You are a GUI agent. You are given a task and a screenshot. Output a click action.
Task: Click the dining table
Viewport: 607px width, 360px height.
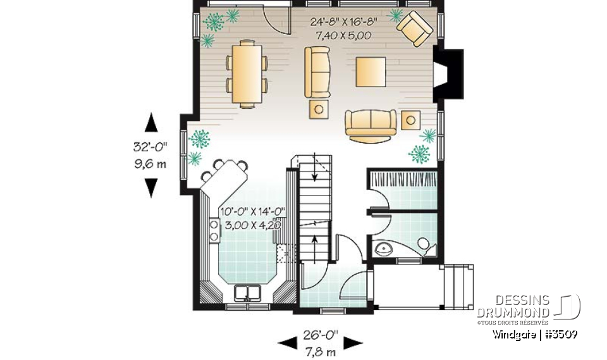pos(246,72)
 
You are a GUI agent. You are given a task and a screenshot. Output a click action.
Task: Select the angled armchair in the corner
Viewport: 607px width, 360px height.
pos(414,28)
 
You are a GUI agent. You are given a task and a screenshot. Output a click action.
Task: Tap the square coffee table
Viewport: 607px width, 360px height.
pos(371,71)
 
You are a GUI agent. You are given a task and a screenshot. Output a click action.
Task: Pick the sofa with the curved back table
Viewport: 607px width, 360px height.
pos(370,123)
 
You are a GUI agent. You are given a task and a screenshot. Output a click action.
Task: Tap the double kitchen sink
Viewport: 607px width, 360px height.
pos(248,294)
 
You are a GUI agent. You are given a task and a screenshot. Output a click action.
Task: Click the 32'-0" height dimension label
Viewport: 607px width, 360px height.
pos(150,147)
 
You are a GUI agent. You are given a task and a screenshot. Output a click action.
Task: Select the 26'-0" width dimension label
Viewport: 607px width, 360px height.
pos(321,333)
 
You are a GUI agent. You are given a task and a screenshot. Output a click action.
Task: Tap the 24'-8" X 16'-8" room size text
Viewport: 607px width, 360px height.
pos(343,21)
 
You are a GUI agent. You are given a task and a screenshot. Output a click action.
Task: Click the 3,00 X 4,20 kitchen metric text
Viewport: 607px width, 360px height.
pos(249,224)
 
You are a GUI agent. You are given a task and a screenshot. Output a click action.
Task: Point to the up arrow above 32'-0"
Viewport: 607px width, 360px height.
pos(151,123)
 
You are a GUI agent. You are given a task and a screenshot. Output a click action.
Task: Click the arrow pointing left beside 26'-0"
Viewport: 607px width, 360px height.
pos(288,342)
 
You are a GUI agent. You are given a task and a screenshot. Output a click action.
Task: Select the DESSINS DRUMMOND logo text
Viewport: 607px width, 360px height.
pos(513,307)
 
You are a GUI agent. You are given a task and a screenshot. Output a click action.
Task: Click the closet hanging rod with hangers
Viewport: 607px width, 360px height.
pos(402,179)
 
